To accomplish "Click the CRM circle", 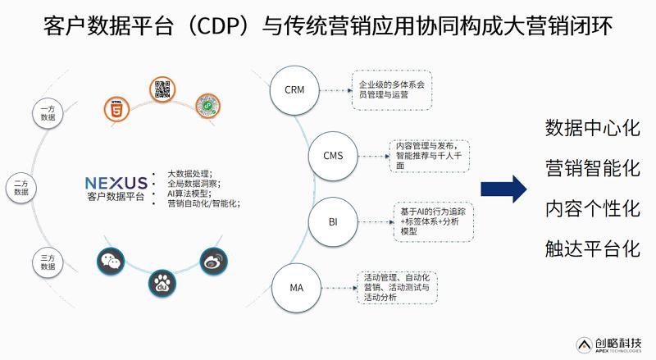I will pyautogui.click(x=294, y=89).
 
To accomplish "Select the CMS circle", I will pyautogui.click(x=333, y=154).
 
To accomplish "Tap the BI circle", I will pyautogui.click(x=333, y=222).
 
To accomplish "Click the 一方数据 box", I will pyautogui.click(x=48, y=112).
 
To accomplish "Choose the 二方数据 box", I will pyautogui.click(x=21, y=186).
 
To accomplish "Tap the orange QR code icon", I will pyautogui.click(x=164, y=89).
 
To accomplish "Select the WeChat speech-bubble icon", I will pyautogui.click(x=111, y=261).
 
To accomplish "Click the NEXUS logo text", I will pyautogui.click(x=116, y=183).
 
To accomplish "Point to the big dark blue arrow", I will pyautogui.click(x=503, y=188).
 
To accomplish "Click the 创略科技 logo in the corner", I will pyautogui.click(x=608, y=344).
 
